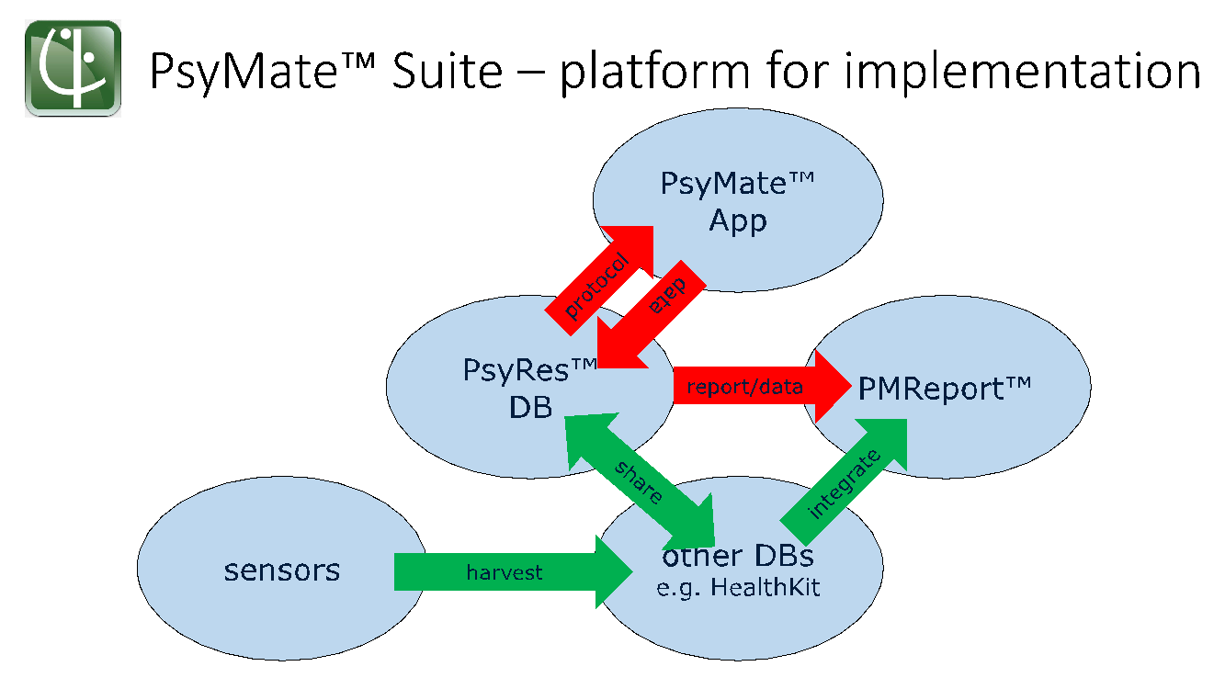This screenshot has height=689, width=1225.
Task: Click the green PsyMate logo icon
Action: (x=73, y=68)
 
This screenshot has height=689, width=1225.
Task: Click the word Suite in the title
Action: (x=447, y=71)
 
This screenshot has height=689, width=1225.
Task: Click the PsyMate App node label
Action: (x=738, y=202)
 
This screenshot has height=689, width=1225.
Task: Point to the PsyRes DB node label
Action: (x=530, y=389)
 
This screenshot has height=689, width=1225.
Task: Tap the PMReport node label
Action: (x=945, y=389)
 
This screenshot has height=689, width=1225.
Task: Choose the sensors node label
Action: (x=281, y=570)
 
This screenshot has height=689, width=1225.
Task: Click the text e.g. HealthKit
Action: (x=738, y=588)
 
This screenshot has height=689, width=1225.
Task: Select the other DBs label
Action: (x=738, y=556)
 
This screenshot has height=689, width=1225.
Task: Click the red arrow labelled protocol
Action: (x=600, y=280)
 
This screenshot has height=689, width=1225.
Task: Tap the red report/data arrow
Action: (x=762, y=387)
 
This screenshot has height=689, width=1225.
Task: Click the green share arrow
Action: (x=640, y=480)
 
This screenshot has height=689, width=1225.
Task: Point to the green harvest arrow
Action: (x=513, y=572)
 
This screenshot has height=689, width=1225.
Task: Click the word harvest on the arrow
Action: (x=505, y=572)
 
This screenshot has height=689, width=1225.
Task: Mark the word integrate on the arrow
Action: (x=844, y=484)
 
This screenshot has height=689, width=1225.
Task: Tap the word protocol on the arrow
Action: (x=596, y=286)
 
